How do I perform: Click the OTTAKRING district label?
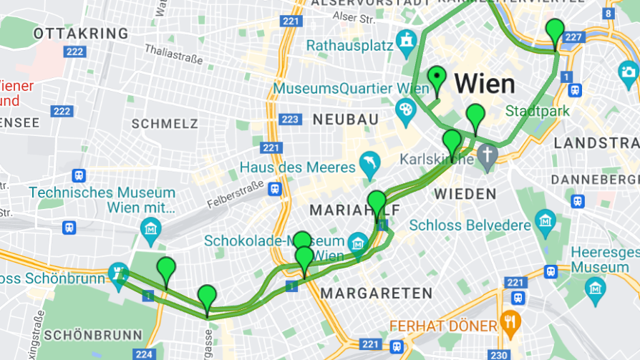[x=81, y=34]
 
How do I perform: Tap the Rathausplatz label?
[x=350, y=46]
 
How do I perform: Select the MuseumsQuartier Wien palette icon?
[x=405, y=110]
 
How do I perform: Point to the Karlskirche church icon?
[x=487, y=155]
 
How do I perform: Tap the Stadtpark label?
[x=537, y=112]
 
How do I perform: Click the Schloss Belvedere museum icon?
[x=546, y=220]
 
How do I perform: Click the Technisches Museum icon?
[x=151, y=229]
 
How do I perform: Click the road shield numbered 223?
[x=291, y=119]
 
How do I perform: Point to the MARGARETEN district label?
[x=376, y=293]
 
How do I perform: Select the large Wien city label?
[x=485, y=84]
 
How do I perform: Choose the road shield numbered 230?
[x=498, y=354]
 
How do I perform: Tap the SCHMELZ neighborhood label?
[x=165, y=124]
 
